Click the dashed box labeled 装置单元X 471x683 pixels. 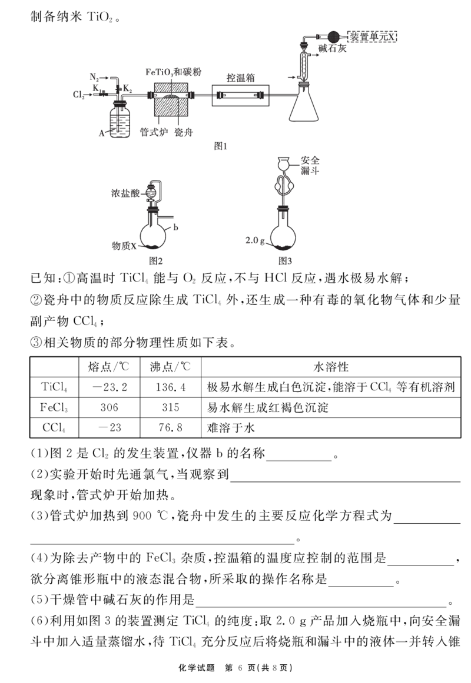click(372, 36)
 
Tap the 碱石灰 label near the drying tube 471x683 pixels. click(332, 48)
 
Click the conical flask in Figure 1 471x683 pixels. click(304, 103)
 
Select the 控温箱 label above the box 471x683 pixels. click(240, 78)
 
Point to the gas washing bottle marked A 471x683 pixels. click(120, 119)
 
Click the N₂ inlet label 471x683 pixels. click(94, 76)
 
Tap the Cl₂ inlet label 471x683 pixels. click(78, 95)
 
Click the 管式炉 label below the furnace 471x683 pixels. click(154, 132)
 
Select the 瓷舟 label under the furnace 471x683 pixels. click(183, 132)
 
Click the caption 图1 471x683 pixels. click(221, 146)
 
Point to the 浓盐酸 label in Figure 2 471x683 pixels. click(125, 193)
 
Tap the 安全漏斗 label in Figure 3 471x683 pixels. click(310, 166)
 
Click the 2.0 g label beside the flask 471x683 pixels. click(255, 240)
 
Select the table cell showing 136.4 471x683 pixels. click(171, 387)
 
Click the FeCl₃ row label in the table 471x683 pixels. click(54, 408)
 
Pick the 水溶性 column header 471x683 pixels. click(331, 367)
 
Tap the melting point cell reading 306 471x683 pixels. click(110, 407)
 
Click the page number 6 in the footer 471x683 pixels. click(240, 668)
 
